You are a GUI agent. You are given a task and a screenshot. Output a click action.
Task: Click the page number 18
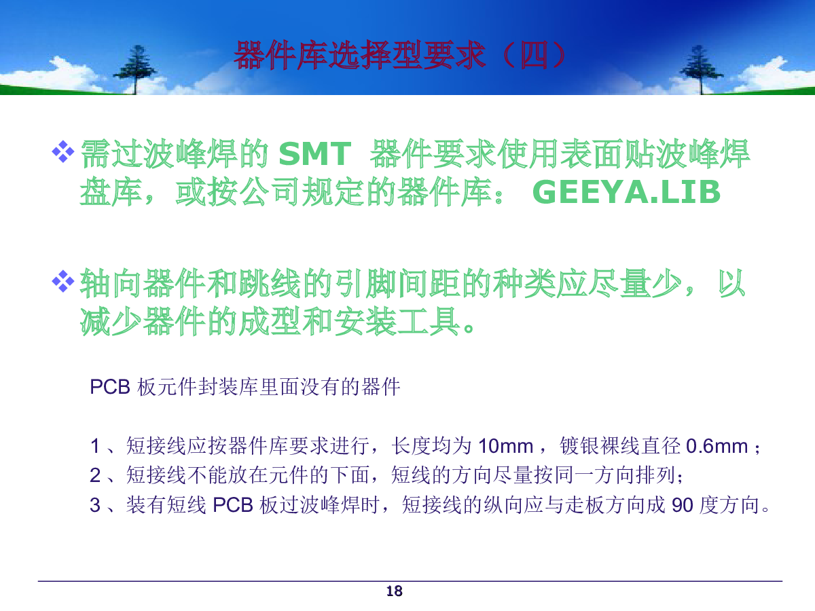(394, 591)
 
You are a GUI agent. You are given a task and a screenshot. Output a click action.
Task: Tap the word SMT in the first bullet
(314, 153)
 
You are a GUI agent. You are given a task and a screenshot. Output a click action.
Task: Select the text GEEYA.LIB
(626, 192)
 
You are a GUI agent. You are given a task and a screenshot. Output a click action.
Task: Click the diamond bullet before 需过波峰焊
(63, 151)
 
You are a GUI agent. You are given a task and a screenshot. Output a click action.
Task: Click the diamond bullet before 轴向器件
(63, 281)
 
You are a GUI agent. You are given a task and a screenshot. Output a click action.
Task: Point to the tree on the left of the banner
(136, 69)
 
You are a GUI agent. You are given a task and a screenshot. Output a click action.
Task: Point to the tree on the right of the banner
(701, 69)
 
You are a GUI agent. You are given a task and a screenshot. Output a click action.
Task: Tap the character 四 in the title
(534, 56)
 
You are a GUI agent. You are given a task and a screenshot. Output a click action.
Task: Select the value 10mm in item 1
(506, 446)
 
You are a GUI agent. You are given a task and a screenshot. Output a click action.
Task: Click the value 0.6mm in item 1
(717, 446)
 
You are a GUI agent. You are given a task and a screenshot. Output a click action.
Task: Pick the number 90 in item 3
(683, 505)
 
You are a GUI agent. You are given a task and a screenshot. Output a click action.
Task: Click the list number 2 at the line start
(95, 475)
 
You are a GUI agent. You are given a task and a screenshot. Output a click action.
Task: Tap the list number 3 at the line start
(95, 505)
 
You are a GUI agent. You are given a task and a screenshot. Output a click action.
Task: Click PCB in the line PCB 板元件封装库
(110, 387)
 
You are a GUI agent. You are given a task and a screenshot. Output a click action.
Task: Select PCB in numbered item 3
(233, 505)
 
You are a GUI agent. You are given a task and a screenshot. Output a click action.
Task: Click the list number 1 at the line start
(95, 446)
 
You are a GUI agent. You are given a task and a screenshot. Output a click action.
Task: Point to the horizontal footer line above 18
(410, 581)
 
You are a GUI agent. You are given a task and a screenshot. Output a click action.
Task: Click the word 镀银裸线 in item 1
(600, 446)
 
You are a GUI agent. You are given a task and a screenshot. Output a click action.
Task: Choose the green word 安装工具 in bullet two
(397, 321)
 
